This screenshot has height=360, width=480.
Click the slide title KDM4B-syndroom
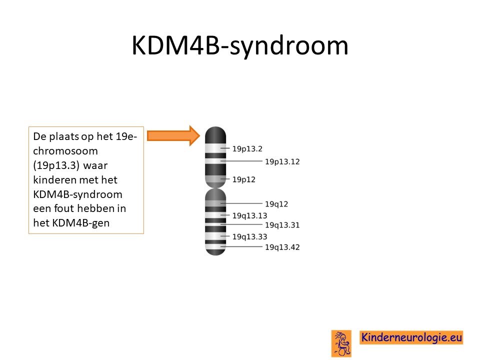[x=240, y=45]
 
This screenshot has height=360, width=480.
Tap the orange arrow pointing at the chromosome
[x=173, y=135]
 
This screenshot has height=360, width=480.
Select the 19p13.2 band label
[x=247, y=149]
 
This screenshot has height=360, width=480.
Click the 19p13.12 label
[x=282, y=161]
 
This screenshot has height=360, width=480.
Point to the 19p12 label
[x=243, y=179]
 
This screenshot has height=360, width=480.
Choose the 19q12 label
[x=276, y=204]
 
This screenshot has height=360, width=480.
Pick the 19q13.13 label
[x=250, y=216]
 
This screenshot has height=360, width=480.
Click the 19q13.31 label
[x=282, y=225]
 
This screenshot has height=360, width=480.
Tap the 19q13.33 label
[x=250, y=236]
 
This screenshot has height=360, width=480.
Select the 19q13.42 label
[x=282, y=247]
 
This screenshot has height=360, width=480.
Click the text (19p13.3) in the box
[x=56, y=165]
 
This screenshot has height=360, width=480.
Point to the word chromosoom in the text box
[x=65, y=151]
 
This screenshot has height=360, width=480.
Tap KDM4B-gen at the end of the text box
[x=81, y=223]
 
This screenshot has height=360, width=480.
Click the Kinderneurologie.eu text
[x=411, y=337]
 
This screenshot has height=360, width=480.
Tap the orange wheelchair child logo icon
[x=341, y=343]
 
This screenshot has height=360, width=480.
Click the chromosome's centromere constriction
[x=215, y=188]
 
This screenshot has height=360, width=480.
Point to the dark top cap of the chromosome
[x=215, y=134]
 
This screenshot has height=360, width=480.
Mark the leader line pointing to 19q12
[x=241, y=203]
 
